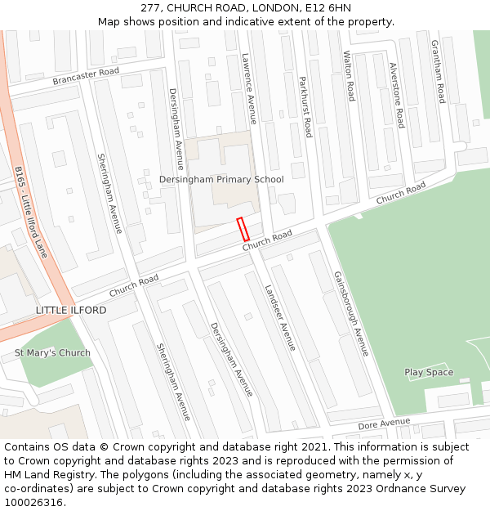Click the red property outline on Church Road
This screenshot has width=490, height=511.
click(x=243, y=229)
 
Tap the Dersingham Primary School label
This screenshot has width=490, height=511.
click(x=221, y=179)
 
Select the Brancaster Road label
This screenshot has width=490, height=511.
click(x=86, y=76)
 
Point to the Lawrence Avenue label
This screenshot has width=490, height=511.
click(x=249, y=88)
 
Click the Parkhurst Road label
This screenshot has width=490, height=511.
click(x=305, y=106)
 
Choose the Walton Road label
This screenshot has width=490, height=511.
click(x=349, y=76)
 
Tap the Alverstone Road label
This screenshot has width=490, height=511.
click(x=397, y=96)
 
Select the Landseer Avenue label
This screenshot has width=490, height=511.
click(x=280, y=318)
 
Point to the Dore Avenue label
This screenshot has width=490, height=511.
click(x=384, y=424)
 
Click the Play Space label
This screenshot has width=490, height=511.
click(x=429, y=372)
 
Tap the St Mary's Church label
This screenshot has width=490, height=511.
click(x=52, y=353)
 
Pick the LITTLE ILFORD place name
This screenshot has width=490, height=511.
click(x=71, y=311)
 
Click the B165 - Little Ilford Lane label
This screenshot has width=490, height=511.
click(x=31, y=212)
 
